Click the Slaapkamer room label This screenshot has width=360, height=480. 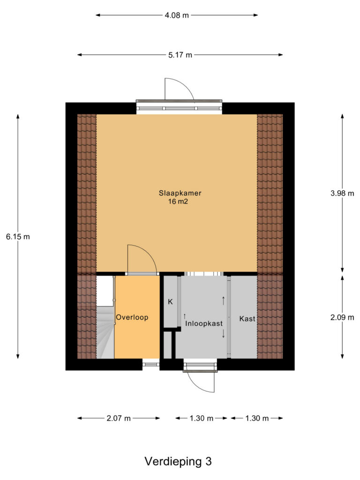180,193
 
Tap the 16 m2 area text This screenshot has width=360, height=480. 178,202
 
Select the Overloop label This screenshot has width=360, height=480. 132,317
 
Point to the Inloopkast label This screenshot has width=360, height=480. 204,323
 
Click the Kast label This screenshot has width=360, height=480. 247,319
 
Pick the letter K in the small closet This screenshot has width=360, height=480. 170,302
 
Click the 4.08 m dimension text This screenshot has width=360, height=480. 177,15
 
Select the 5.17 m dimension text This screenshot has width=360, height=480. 180,55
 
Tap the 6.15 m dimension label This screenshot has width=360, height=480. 18,237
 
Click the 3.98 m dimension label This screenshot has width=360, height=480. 342,193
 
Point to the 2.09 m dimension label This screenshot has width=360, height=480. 342,317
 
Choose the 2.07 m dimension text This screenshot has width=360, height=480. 119,418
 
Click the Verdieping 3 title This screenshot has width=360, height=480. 178,461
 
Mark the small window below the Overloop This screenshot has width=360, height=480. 151,364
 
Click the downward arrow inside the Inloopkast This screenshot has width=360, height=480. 224,333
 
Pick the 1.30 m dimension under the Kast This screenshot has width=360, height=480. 257,418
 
